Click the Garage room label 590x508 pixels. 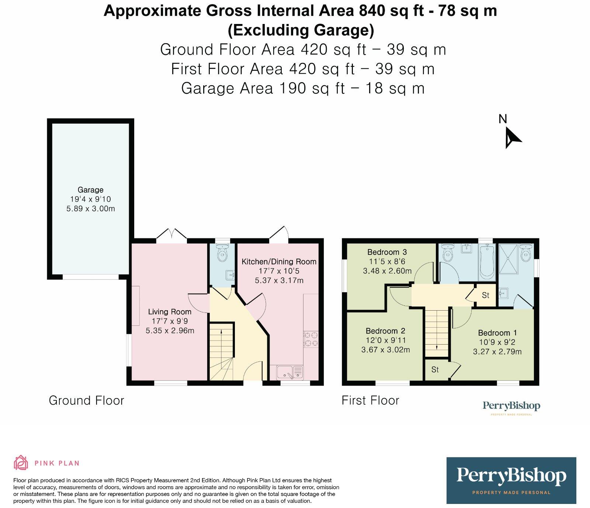tap(90, 190)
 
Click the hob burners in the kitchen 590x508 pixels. tap(310, 339)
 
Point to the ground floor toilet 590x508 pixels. tap(222, 254)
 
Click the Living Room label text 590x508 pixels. tap(170, 312)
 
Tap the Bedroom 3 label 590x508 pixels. tap(387, 252)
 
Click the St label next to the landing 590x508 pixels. tap(485, 295)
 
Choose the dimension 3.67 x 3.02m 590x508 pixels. tap(385, 350)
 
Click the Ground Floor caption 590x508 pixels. tap(86, 401)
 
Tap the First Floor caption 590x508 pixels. tap(370, 401)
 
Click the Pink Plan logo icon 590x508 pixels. tap(21, 463)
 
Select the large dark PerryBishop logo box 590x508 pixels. tap(511, 480)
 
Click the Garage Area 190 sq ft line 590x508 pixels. tap(303, 89)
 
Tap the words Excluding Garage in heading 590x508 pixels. tap(301, 30)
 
